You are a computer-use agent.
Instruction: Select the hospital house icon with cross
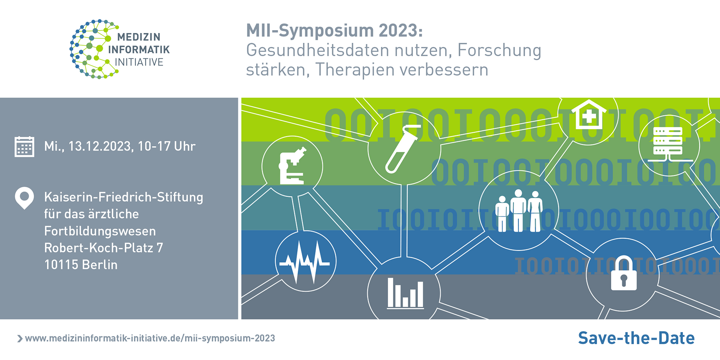point(588,115)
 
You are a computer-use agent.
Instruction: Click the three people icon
point(518,211)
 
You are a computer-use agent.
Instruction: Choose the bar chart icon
point(405,293)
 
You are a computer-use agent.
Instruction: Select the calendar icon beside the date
point(24,147)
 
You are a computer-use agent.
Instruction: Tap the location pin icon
point(24,197)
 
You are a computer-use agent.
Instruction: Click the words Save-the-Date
point(636,338)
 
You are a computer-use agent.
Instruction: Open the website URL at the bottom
point(150,338)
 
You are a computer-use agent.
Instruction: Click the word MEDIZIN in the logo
point(139,37)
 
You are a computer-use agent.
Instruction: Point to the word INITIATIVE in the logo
point(139,62)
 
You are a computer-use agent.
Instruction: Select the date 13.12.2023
point(100,146)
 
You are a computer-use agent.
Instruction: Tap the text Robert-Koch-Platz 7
point(104,248)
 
